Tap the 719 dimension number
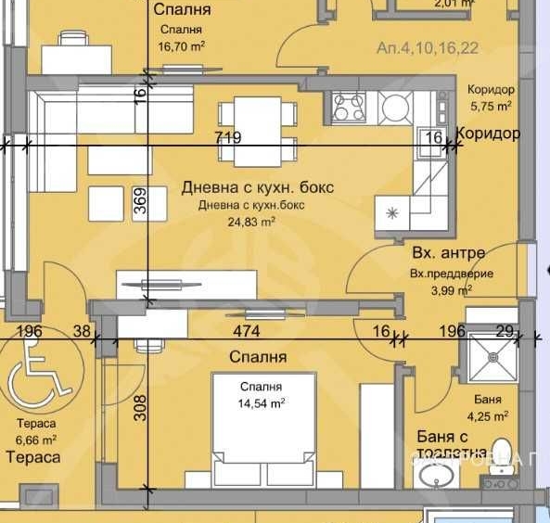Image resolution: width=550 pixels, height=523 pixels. (227, 138)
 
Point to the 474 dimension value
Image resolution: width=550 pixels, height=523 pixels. (246, 331)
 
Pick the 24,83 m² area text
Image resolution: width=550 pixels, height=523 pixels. (250, 222)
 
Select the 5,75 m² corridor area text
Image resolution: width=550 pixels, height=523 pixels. (492, 106)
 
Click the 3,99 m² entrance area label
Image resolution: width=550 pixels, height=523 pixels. (450, 290)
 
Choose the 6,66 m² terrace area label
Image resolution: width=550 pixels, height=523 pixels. (37, 440)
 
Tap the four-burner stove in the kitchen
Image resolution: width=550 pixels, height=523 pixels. (349, 107)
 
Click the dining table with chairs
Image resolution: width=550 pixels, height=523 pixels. (257, 127)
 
